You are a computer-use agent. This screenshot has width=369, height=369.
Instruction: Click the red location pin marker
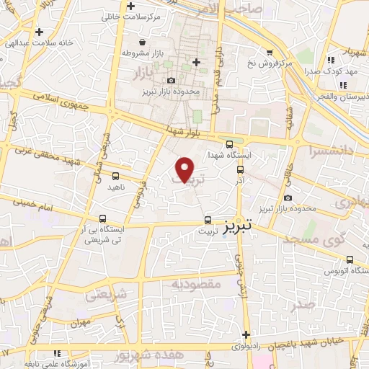click(x=185, y=169)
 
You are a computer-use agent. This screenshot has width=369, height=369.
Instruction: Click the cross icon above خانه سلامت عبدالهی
click(x=39, y=31)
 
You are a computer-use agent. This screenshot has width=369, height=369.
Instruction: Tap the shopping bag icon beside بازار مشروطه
click(x=141, y=41)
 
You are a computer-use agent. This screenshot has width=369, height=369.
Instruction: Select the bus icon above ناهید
click(x=116, y=175)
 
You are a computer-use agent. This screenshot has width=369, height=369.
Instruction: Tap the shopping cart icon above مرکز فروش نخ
click(x=270, y=53)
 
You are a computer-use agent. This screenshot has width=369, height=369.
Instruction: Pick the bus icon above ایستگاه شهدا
click(x=229, y=143)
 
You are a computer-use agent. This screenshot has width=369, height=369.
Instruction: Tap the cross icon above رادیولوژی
click(x=246, y=334)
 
